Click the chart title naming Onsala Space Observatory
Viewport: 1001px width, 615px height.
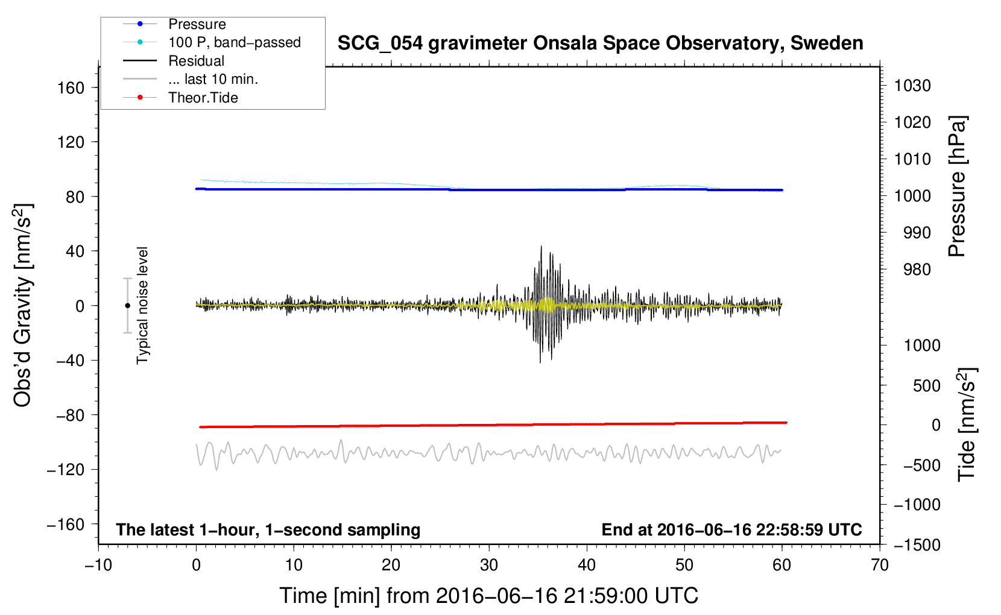pos(600,43)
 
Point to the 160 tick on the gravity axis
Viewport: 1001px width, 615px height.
pos(71,87)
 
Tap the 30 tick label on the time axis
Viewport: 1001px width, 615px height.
pos(489,566)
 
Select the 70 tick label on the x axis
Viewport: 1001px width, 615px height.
pos(879,566)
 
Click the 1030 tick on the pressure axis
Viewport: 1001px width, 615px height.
pos(912,86)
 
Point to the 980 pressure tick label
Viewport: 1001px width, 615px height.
pos(917,270)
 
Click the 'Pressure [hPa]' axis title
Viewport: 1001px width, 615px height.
pos(957,186)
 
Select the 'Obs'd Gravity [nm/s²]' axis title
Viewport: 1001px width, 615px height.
pos(22,305)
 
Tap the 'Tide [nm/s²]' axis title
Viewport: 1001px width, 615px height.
pos(967,424)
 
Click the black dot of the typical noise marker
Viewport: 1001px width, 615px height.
pos(127,306)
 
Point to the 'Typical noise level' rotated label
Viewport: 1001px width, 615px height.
pos(142,306)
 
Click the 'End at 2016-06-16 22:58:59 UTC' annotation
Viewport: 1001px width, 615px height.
pos(731,529)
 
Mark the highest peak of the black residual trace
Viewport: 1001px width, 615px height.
pos(541,246)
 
